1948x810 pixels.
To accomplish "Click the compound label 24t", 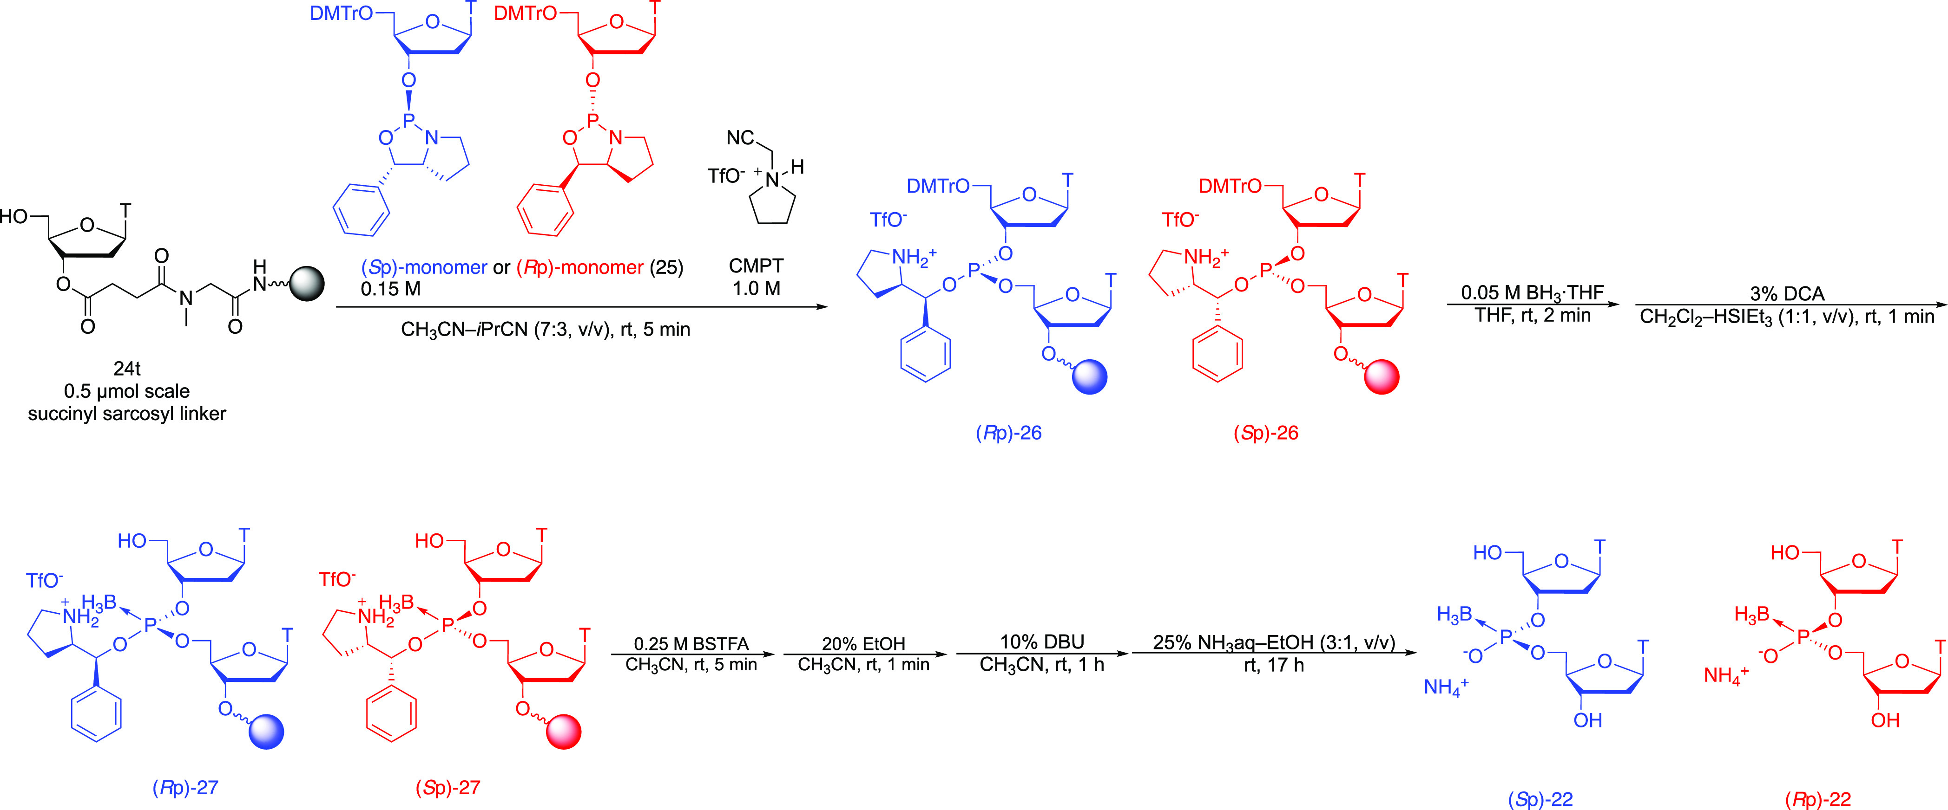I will [x=127, y=369].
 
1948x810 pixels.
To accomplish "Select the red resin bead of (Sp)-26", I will [x=1382, y=377].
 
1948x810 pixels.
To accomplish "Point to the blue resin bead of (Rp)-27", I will [x=266, y=732].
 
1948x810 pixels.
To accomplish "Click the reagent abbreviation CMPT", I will [x=756, y=266].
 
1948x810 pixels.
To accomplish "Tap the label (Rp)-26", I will [x=1009, y=433].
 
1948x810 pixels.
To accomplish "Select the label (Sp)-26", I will [x=1266, y=433].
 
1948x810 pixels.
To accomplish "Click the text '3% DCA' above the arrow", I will [x=1787, y=293].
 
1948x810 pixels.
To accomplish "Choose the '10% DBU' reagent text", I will [x=1042, y=642].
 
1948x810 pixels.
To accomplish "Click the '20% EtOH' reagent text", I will [x=863, y=644].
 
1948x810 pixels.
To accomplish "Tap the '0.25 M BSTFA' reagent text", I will [x=691, y=644].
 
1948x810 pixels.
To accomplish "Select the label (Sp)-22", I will [x=1540, y=799].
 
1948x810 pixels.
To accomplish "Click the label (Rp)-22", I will [x=1818, y=799].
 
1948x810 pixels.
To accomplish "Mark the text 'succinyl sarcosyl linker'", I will [x=127, y=414].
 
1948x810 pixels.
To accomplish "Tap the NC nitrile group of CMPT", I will [x=740, y=137].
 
